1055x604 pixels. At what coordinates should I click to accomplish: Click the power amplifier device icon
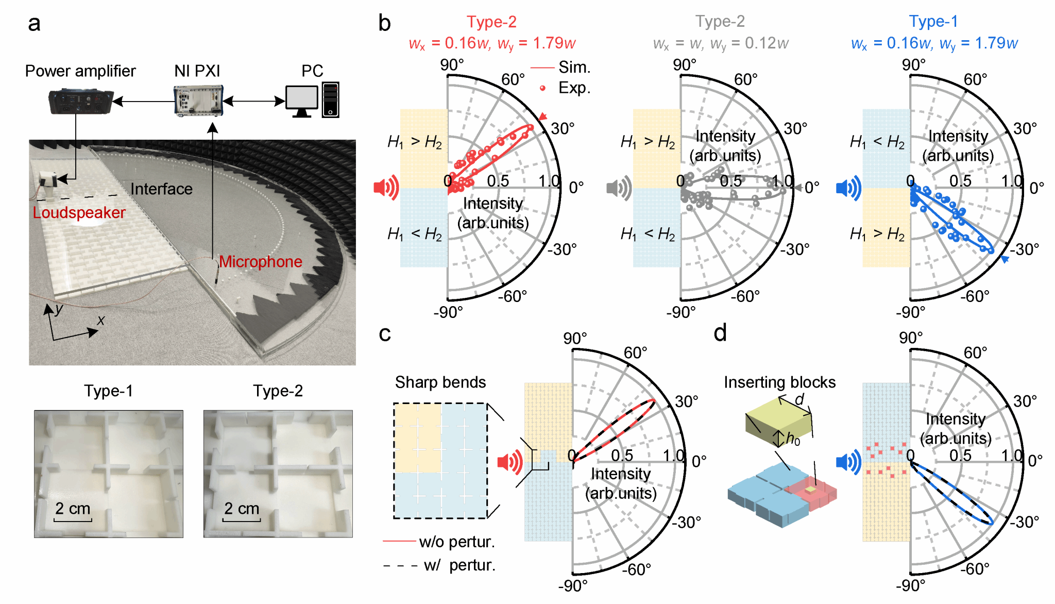coord(80,101)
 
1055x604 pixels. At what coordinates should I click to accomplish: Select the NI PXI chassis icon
coord(198,100)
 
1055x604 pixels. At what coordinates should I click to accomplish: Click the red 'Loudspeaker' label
coord(79,213)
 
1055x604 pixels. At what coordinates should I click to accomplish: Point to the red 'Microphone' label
coord(261,262)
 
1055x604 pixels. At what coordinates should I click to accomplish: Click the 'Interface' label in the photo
coord(161,189)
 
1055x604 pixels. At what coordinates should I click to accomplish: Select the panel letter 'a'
coord(34,24)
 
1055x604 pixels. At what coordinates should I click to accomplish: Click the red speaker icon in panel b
coord(386,187)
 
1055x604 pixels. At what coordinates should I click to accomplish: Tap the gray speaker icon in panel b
coord(619,187)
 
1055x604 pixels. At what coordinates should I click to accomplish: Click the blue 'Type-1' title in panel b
coord(933,22)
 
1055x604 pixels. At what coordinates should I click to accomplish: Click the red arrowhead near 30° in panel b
coord(542,117)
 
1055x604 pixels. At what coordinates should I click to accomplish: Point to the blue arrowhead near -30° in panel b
coord(1005,259)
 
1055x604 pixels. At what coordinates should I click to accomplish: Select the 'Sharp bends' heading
coord(440,382)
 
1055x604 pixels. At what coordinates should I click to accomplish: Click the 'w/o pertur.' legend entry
coord(439,542)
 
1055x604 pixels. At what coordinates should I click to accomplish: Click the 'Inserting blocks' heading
coord(779,382)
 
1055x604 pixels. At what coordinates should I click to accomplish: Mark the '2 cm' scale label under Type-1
coord(73,509)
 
